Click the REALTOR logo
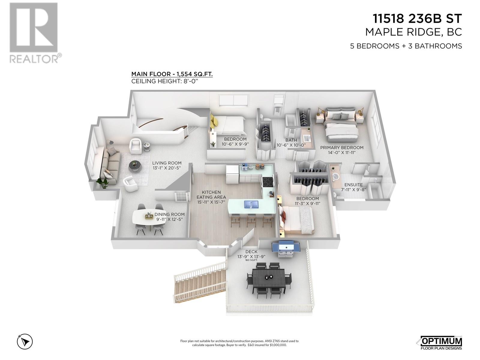(x=34, y=33)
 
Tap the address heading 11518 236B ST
(x=417, y=19)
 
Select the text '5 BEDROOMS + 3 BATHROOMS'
(x=406, y=46)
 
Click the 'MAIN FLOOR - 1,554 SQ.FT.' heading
(x=172, y=74)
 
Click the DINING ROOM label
(x=169, y=217)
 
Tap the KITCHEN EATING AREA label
(x=211, y=197)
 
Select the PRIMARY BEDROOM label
(x=342, y=150)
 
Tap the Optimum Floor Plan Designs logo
(x=439, y=343)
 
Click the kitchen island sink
(x=251, y=205)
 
